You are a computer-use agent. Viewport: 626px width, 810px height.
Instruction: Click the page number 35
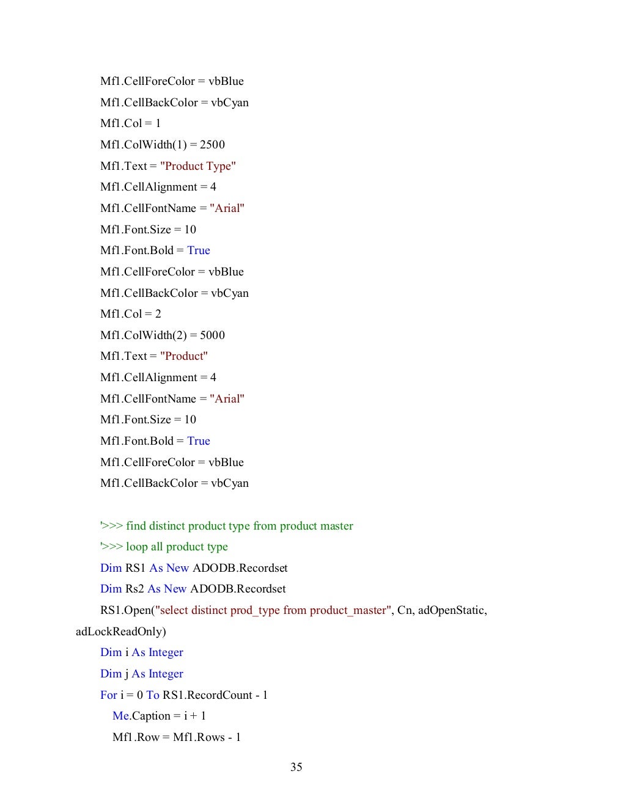296,767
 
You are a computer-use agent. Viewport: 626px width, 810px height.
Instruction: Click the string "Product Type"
198,166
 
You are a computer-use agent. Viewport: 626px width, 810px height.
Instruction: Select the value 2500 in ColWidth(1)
212,145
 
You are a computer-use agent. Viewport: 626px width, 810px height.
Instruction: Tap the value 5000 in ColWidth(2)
212,335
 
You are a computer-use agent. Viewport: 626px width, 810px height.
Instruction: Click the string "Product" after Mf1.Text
184,356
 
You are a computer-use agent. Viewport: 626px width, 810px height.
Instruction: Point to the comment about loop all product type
164,547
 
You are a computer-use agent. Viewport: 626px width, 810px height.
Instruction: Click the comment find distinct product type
227,526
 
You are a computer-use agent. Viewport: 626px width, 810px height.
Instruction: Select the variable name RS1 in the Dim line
135,568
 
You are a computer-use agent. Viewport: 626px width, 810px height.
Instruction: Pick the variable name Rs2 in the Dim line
134,589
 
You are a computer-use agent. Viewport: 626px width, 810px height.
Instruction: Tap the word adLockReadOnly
120,632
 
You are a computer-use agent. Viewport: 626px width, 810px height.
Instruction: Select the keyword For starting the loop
108,695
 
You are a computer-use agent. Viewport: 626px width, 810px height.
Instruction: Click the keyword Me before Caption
120,716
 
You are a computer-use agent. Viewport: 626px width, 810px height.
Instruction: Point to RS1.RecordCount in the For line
207,695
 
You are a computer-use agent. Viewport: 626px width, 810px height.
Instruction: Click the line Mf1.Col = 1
131,123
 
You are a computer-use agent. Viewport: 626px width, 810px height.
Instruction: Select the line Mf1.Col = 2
131,314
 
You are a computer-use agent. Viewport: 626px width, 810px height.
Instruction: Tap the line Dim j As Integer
142,674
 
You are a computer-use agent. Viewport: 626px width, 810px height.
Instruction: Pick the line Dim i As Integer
142,652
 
